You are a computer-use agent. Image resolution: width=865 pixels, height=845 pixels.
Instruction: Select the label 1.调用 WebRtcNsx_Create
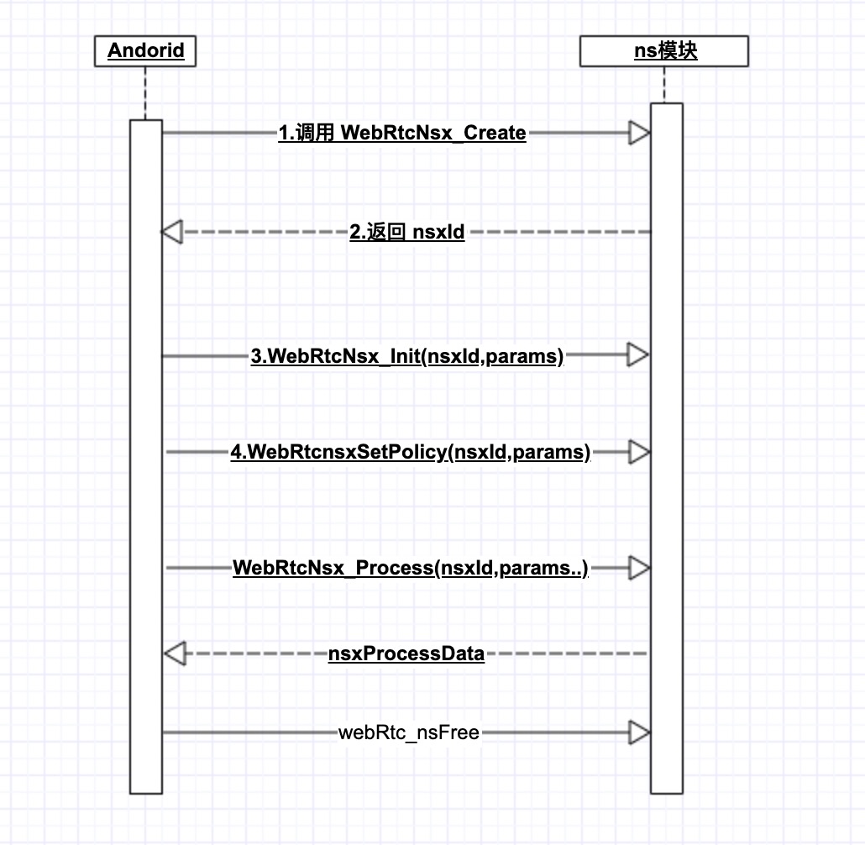click(402, 133)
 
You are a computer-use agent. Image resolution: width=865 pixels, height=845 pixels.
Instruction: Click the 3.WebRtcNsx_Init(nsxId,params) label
click(407, 356)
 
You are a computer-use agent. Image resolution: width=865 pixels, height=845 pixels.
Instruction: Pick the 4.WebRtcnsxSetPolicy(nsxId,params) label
click(411, 453)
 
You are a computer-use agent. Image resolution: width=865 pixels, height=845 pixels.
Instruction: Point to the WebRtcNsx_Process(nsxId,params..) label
click(411, 569)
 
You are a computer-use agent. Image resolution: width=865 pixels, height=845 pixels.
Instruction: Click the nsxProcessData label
click(406, 653)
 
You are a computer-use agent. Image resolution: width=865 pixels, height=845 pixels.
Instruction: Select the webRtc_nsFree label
click(409, 733)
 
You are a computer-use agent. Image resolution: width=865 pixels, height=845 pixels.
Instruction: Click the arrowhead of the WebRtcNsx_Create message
click(640, 133)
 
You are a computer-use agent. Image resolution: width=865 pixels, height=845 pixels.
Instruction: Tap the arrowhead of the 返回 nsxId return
click(172, 232)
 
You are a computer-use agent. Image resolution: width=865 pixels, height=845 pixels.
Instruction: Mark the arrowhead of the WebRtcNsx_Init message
click(640, 356)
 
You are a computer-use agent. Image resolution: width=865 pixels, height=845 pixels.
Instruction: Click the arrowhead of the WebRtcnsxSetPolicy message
click(640, 453)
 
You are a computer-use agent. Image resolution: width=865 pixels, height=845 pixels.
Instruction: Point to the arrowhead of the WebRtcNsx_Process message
click(640, 569)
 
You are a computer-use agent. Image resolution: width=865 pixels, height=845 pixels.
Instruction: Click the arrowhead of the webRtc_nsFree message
click(640, 733)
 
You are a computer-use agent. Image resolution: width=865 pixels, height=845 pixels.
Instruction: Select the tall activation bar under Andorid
click(145, 504)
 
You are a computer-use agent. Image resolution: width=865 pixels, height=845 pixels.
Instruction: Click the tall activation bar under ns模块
click(667, 504)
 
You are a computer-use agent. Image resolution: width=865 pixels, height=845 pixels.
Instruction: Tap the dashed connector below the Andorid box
click(145, 92)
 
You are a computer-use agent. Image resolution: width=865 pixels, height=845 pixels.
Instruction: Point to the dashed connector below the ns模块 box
click(664, 84)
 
